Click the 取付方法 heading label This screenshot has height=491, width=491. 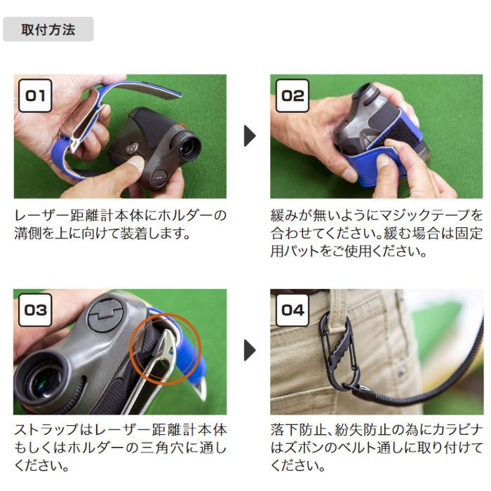48,30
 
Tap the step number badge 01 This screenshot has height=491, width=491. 34,95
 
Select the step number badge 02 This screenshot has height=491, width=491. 292,95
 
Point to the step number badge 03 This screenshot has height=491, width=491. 34,309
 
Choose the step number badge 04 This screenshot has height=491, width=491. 292,309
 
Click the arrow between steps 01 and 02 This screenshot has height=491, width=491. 249,136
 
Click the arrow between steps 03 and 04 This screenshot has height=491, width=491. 249,350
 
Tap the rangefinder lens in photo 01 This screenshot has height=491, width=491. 188,148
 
